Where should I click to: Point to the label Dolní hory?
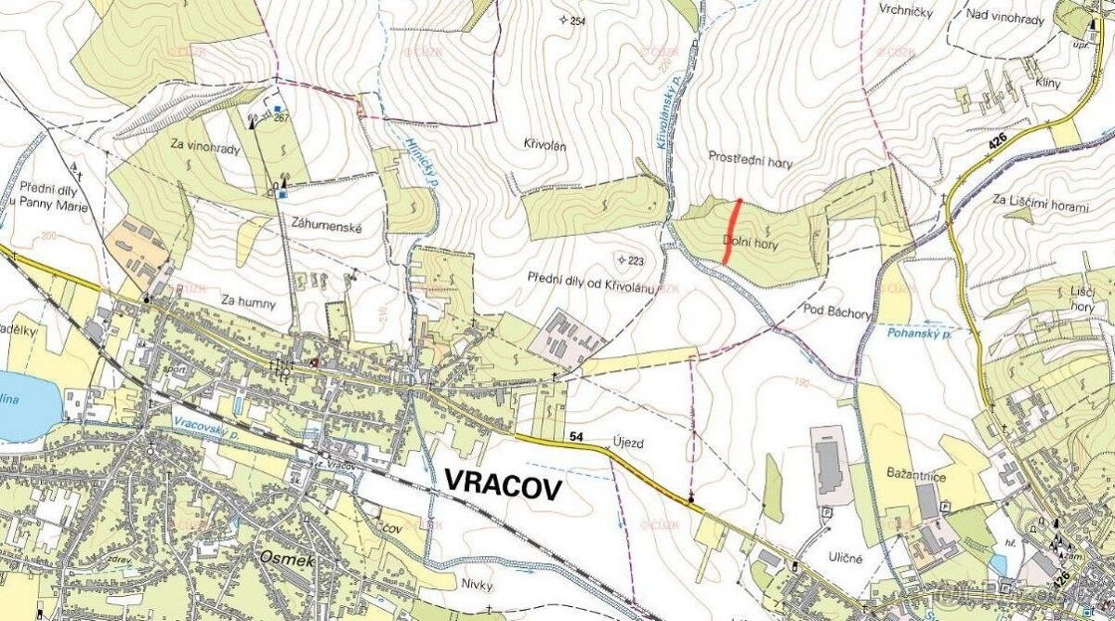pos(749,243)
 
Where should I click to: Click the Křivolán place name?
pos(545,146)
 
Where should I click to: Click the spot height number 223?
pos(636,260)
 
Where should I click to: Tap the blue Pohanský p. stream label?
pos(918,332)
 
